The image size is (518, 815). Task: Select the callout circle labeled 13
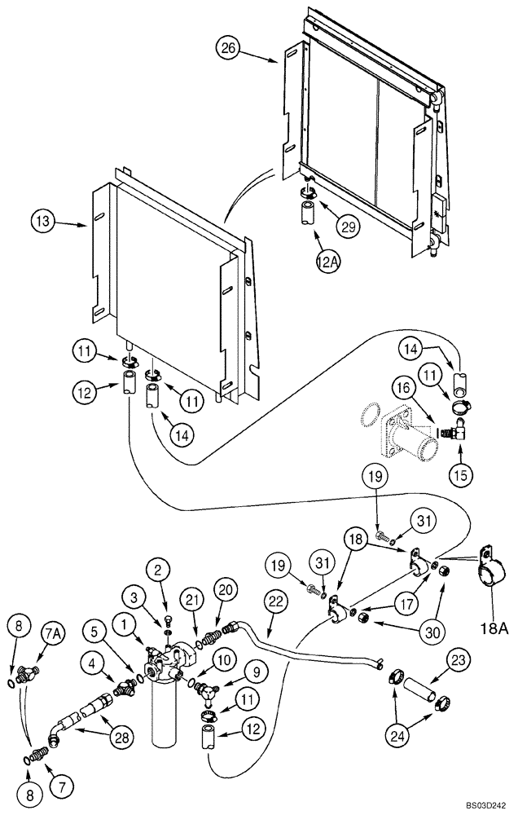click(44, 220)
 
